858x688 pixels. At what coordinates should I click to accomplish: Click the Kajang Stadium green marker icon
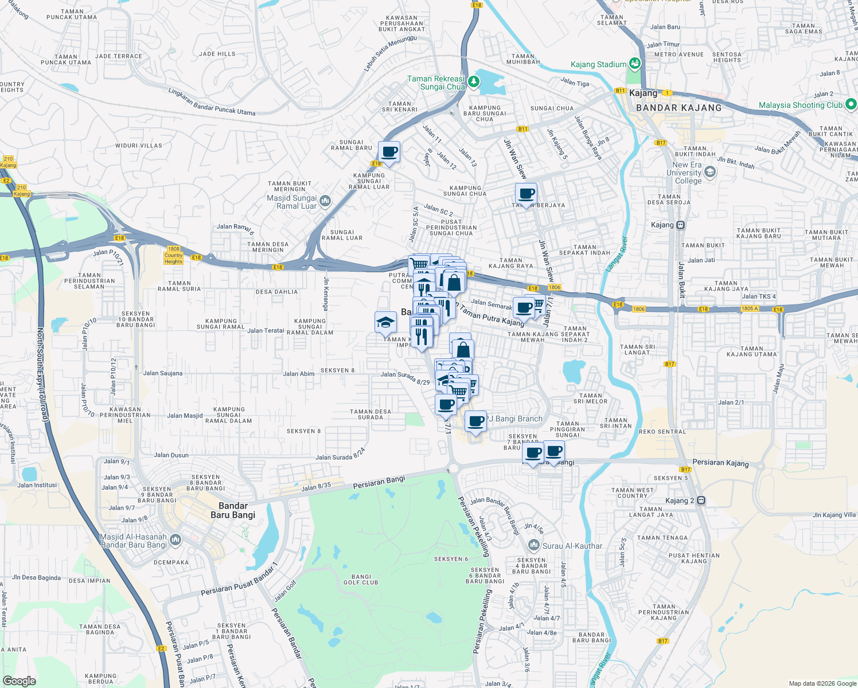(x=634, y=64)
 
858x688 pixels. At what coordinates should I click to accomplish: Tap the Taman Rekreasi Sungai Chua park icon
(x=473, y=81)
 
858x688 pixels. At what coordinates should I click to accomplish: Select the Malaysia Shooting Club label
(x=800, y=105)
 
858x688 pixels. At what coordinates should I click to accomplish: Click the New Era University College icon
(x=710, y=172)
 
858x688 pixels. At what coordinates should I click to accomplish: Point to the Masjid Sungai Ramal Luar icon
(x=325, y=201)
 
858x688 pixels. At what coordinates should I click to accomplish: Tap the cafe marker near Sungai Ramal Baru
(x=389, y=152)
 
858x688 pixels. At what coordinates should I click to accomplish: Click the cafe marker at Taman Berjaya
(x=526, y=194)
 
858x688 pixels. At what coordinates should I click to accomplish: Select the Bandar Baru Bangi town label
(x=233, y=510)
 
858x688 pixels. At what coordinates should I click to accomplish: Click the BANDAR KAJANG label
(x=678, y=108)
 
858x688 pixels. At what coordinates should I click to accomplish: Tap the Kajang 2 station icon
(x=700, y=501)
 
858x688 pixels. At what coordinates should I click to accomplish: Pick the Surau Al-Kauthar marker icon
(x=534, y=545)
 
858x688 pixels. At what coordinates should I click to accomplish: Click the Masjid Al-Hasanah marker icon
(x=175, y=540)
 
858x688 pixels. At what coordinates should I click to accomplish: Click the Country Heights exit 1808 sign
(x=173, y=255)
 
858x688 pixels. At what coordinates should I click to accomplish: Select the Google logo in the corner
(x=19, y=681)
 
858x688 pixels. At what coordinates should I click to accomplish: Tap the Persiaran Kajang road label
(x=720, y=463)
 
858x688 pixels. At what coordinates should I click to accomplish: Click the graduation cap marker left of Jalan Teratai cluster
(x=385, y=323)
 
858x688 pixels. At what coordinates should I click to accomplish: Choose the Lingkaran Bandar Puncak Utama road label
(x=212, y=101)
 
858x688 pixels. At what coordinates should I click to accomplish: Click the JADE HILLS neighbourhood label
(x=217, y=54)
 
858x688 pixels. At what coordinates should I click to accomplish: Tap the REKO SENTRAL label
(x=662, y=432)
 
